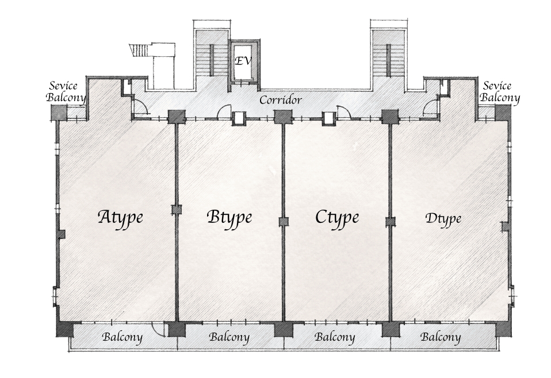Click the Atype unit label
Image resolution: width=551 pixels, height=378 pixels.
(x=120, y=217)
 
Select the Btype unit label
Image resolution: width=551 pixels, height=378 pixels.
(x=229, y=217)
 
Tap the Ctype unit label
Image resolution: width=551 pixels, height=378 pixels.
(x=337, y=217)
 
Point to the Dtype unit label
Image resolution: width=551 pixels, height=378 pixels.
(x=443, y=218)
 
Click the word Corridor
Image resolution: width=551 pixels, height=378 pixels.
(x=280, y=100)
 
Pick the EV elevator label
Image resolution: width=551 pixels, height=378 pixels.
(x=243, y=60)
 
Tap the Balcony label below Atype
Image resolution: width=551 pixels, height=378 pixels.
(x=123, y=337)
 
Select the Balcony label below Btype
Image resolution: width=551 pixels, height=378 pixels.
(x=229, y=337)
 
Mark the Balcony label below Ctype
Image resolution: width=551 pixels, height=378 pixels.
(x=335, y=337)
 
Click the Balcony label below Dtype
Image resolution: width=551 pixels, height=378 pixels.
(x=441, y=337)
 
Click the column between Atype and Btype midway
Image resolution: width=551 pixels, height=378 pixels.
(x=176, y=210)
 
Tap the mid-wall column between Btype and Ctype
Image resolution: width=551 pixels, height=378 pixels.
(x=283, y=222)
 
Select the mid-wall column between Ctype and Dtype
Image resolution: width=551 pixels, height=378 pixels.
(x=390, y=222)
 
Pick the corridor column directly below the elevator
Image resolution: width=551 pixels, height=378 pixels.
(x=282, y=117)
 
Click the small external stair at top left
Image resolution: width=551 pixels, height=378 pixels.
(x=139, y=50)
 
